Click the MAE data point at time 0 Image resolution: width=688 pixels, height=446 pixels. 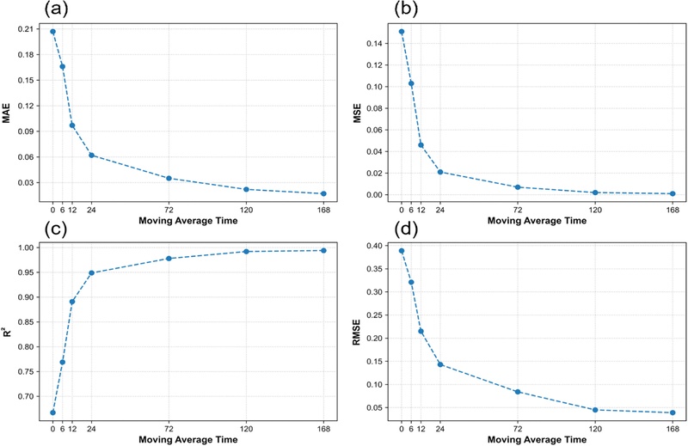point(52,32)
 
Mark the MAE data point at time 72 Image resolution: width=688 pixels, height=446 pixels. point(169,178)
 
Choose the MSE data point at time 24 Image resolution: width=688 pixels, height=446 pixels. point(440,172)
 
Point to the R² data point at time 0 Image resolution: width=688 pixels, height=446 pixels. point(52,412)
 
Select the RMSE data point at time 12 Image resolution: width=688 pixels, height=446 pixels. point(421,331)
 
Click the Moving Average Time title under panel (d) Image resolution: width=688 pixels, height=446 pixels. point(537,439)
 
